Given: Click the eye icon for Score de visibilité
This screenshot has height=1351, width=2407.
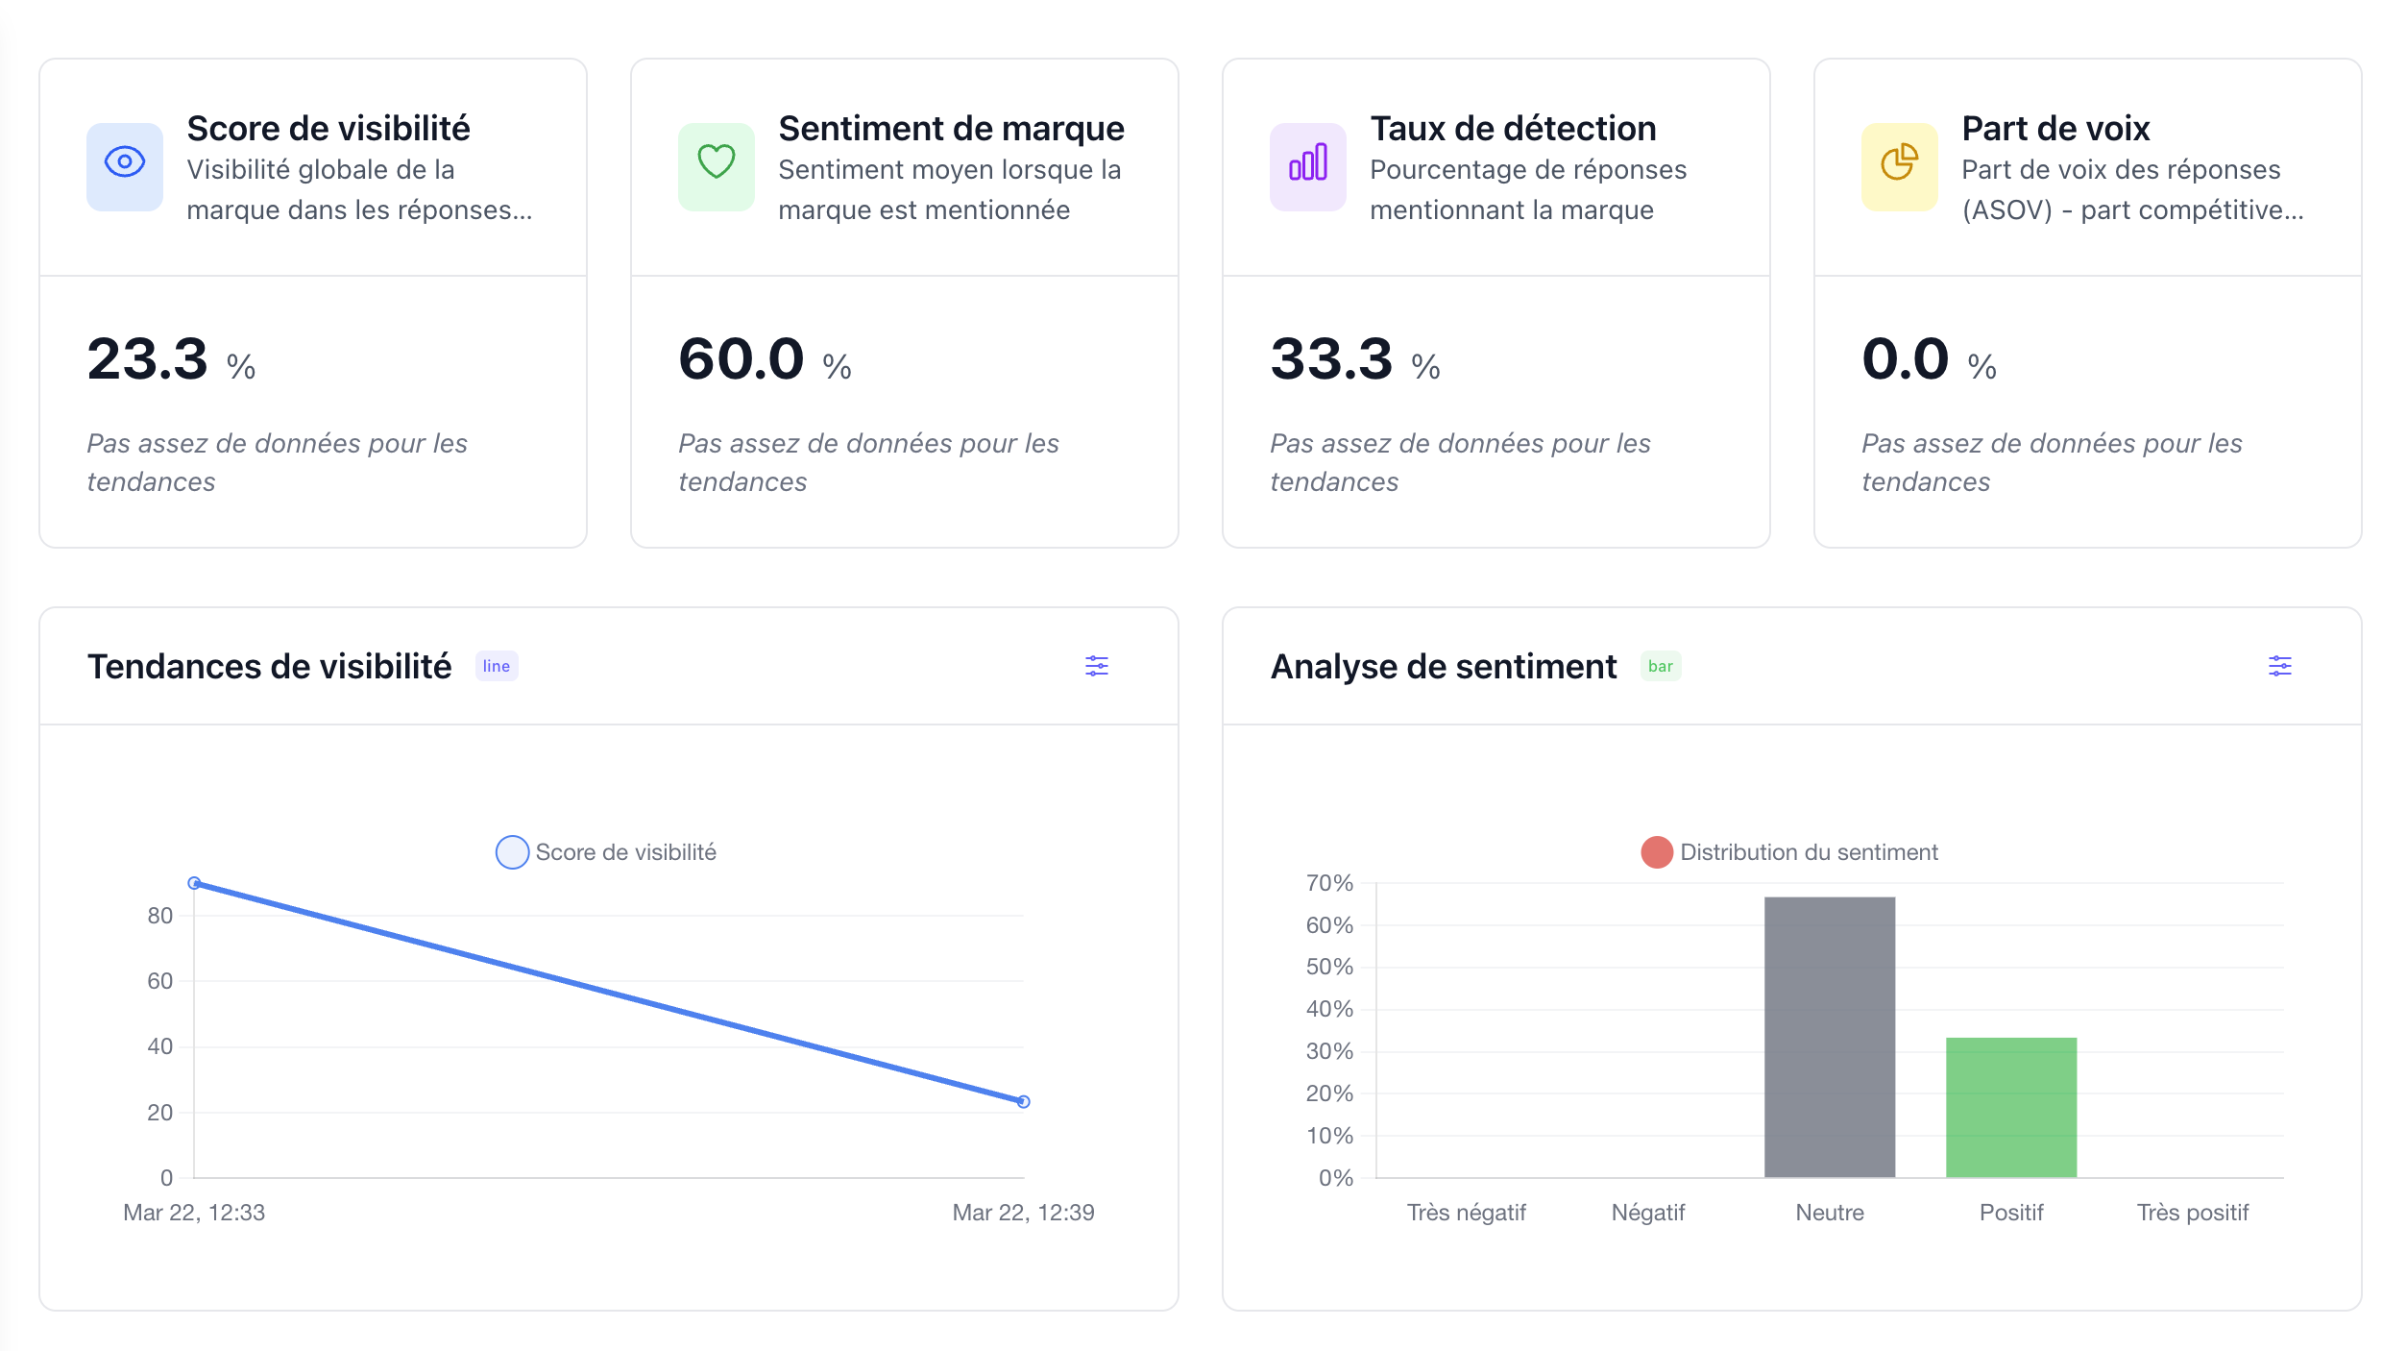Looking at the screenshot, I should tap(125, 162).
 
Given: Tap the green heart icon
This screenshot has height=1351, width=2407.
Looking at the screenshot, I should tap(717, 162).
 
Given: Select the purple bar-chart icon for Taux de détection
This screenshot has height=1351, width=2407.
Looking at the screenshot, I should tap(1308, 162).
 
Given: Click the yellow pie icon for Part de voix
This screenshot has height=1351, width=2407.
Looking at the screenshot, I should tap(1900, 162).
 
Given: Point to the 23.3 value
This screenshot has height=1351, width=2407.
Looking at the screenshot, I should tap(148, 359).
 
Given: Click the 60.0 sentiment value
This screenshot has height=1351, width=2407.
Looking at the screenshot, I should tap(741, 359).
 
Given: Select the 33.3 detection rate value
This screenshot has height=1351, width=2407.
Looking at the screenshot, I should tap(1331, 359).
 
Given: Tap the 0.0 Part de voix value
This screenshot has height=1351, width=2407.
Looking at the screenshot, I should tap(1905, 359).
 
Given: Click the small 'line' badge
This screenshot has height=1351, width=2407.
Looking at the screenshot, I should tap(497, 666).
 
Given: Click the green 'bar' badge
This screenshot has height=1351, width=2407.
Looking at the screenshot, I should tap(1660, 666).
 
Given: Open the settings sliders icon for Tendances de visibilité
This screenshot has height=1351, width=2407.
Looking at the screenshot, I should tap(1097, 666).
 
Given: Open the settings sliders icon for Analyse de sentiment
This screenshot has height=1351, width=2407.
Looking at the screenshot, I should tap(2280, 666).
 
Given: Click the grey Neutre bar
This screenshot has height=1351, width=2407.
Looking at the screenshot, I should tap(1830, 1038).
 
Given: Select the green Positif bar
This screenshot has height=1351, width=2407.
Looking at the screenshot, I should tap(2011, 1107).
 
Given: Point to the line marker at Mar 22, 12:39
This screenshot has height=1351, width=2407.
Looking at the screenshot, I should tap(1024, 1101).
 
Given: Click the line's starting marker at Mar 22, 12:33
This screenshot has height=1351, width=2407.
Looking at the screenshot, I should tap(194, 882).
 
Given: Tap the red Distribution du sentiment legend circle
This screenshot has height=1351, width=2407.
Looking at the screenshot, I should tap(1657, 852).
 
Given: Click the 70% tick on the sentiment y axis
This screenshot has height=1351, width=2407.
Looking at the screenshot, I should tap(1329, 883).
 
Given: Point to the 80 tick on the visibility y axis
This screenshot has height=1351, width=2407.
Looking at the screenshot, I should tap(160, 916).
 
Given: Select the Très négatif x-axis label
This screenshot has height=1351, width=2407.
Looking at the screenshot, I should tap(1466, 1213).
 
